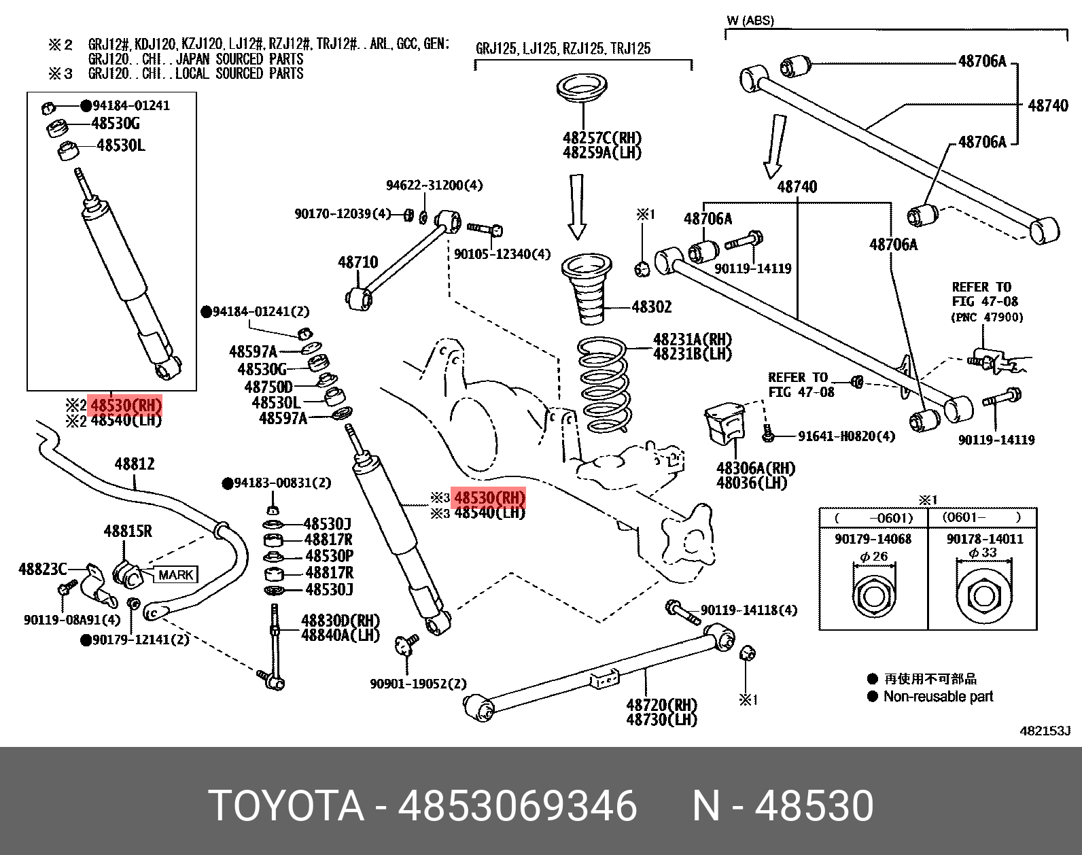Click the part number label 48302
click(x=651, y=307)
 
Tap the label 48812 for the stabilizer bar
click(x=135, y=464)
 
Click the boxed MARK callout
click(x=176, y=575)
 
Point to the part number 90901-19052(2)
click(x=418, y=684)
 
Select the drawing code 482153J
click(x=1045, y=731)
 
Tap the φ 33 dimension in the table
click(x=983, y=553)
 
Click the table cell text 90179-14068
click(x=873, y=539)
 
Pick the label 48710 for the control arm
click(x=357, y=262)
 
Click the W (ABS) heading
click(x=750, y=20)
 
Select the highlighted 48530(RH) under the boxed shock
click(x=126, y=406)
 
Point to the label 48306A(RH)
click(x=755, y=468)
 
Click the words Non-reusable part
click(x=938, y=697)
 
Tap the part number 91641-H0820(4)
click(x=846, y=436)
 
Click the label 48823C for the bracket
click(x=42, y=569)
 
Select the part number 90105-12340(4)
click(x=502, y=254)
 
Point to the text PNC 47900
click(x=986, y=317)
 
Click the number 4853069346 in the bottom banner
click(x=517, y=807)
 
